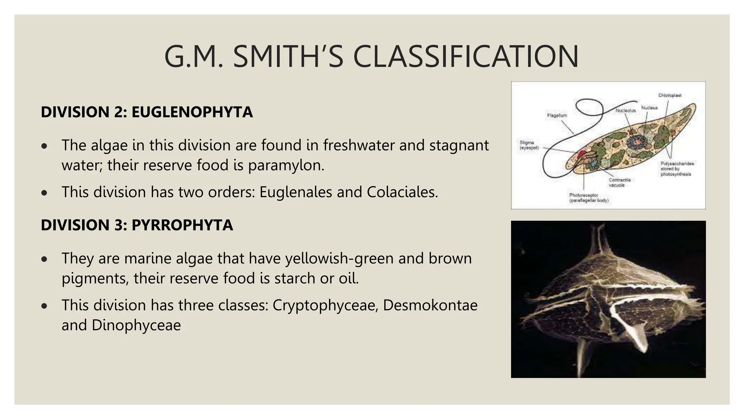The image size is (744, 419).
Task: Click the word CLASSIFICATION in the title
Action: tap(466, 57)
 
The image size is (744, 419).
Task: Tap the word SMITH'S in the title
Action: tap(288, 57)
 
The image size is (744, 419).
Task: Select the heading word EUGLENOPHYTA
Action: tap(192, 112)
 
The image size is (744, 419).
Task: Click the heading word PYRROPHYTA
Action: tap(182, 225)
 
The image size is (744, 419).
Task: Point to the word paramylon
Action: tap(286, 165)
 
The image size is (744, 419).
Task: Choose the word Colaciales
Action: tap(402, 192)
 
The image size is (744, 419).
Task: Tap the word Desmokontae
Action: tap(430, 305)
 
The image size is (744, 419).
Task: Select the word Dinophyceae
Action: tap(136, 325)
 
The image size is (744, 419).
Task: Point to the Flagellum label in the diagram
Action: tap(557, 115)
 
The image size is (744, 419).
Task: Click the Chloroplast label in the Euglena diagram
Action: tap(670, 95)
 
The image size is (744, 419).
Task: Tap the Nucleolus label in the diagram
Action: tap(626, 110)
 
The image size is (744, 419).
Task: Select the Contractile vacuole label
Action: tap(620, 183)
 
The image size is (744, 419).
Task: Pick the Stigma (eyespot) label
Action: tap(529, 145)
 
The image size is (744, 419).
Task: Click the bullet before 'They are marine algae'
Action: tap(44, 259)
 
